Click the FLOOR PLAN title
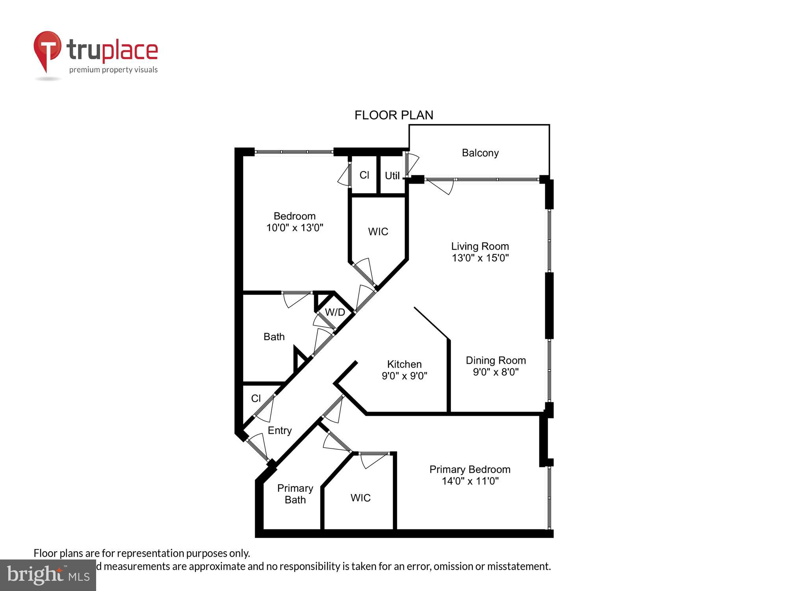394,115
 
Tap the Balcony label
480,153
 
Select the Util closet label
392,176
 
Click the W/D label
335,312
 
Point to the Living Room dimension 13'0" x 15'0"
480,258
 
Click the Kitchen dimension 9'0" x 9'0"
404,376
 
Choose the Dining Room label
496,360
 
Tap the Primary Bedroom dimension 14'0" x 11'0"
470,481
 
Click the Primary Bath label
295,494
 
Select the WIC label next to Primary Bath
361,498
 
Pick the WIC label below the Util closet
378,232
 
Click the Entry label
280,431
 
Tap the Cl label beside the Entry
256,398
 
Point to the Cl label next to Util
364,175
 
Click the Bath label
274,337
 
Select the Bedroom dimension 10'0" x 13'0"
295,228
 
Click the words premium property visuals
113,70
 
